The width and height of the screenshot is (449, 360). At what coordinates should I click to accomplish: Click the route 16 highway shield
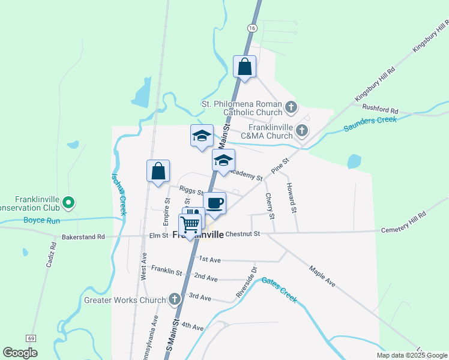[252, 28]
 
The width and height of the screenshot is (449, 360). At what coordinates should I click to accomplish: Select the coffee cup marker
[215, 203]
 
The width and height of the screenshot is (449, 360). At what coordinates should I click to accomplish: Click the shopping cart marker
[190, 225]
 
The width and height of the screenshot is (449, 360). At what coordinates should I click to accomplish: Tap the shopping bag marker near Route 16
[244, 66]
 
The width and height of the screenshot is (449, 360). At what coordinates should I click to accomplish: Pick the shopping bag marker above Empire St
[158, 171]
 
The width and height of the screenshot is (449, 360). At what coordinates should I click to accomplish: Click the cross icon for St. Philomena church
[291, 108]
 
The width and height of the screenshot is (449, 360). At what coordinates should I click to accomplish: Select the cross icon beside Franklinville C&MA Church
[302, 130]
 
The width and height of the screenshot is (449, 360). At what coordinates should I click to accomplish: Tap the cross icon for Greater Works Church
[175, 299]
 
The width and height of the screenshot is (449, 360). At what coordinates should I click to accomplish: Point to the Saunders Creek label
[370, 124]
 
